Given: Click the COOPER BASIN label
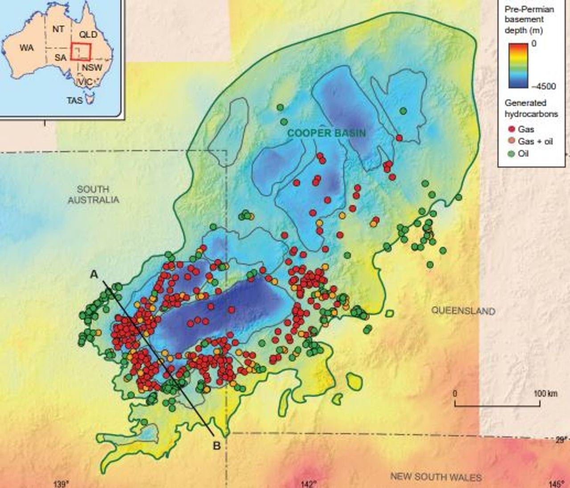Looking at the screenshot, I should pos(326,133).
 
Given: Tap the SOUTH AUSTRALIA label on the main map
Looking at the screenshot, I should pos(94,194).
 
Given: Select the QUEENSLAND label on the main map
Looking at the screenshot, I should pos(463,311).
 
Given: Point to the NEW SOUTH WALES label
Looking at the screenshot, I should pos(436,477).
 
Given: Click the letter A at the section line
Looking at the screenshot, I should pos(94,275).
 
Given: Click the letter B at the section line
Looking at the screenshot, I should pos(217,445).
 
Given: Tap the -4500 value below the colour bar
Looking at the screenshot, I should pos(543,86).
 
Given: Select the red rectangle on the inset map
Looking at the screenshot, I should pos(81,51).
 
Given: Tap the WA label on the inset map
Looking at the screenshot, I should pos(26,48).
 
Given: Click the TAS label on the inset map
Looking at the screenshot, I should pos(75,100).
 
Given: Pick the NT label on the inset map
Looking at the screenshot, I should pos(58,29).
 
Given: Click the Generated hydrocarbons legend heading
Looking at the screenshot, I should pos(531,109).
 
